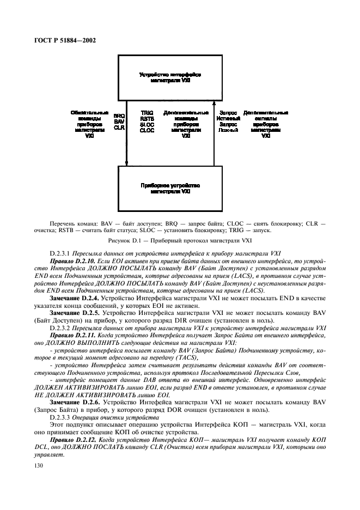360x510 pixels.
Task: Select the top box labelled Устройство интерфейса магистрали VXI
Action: click(x=170, y=76)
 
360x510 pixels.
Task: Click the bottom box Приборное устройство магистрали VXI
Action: click(x=170, y=189)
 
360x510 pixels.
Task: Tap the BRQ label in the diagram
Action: click(x=119, y=116)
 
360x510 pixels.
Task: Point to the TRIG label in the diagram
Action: click(x=147, y=113)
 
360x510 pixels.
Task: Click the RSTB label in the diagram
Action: click(x=147, y=119)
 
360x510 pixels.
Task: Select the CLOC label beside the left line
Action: click(x=147, y=131)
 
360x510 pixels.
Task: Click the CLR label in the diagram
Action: click(x=119, y=127)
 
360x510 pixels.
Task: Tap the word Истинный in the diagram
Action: click(x=224, y=119)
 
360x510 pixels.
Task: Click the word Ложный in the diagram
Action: click(x=224, y=131)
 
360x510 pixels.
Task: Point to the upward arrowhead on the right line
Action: click(x=215, y=102)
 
